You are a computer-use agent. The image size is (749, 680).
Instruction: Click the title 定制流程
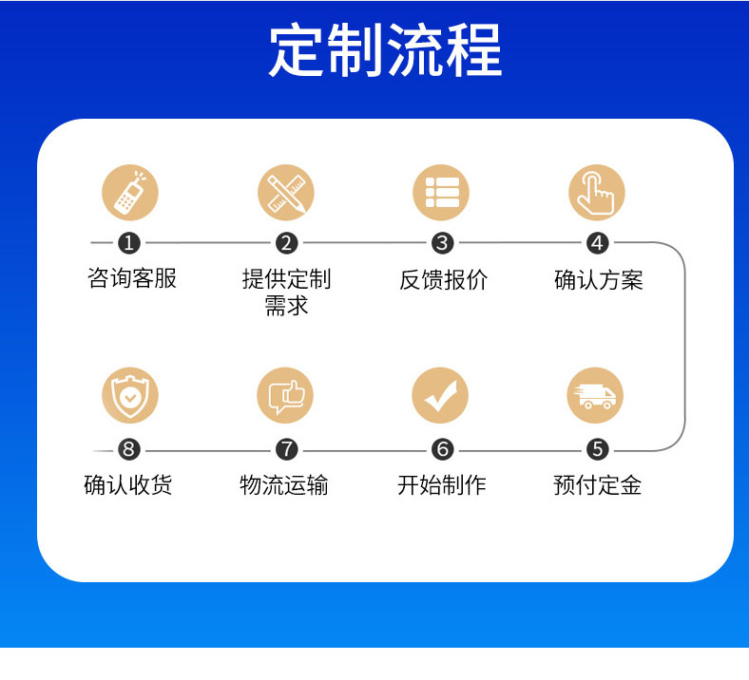(385, 50)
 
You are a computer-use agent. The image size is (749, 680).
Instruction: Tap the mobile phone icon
(130, 192)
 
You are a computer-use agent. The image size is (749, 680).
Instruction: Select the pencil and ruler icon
(286, 192)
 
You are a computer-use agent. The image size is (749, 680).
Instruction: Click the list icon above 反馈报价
(441, 192)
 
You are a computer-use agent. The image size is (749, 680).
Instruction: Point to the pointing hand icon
(597, 192)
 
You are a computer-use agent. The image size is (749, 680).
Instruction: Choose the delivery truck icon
(595, 395)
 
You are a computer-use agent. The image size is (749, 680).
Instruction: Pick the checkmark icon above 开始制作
(440, 395)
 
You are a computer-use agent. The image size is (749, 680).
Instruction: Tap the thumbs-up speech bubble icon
(285, 395)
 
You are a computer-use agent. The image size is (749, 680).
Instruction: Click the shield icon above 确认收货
(130, 395)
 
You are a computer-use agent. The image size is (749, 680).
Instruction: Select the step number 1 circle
(129, 243)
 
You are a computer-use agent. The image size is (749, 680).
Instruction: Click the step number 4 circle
(598, 243)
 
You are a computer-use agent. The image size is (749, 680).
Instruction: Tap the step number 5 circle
(598, 449)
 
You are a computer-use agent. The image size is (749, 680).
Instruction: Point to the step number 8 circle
(129, 449)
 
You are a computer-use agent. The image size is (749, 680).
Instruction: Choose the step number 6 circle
(442, 449)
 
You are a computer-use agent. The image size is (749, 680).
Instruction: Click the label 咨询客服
(132, 278)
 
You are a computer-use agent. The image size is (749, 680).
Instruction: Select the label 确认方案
(599, 279)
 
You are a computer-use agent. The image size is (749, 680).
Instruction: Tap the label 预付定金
(598, 485)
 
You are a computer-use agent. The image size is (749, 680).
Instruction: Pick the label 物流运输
(284, 485)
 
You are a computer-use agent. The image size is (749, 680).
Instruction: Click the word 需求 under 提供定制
(286, 306)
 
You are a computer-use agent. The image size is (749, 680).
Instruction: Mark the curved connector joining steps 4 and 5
(684, 346)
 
